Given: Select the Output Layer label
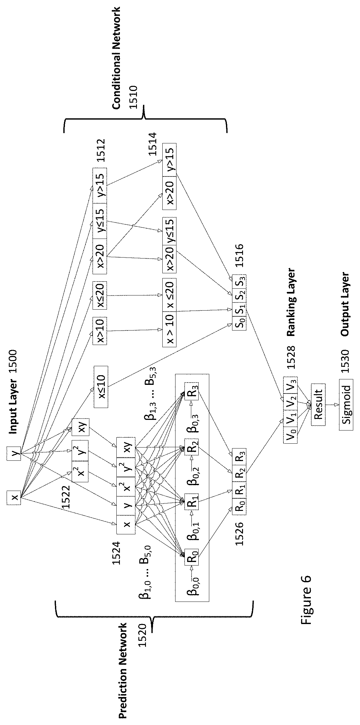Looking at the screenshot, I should (345, 304).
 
